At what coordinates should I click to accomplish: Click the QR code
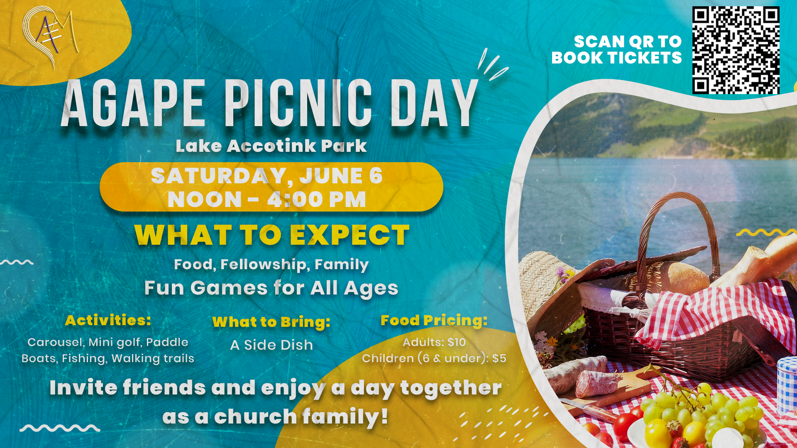click(736, 50)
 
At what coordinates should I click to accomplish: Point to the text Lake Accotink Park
click(271, 146)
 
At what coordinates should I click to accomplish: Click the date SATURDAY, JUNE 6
click(266, 175)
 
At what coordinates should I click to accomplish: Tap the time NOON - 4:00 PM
click(266, 200)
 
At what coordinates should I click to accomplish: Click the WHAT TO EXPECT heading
click(272, 235)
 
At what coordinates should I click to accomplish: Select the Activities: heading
click(108, 320)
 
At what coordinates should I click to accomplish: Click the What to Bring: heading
click(271, 322)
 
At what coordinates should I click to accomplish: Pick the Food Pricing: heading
click(434, 320)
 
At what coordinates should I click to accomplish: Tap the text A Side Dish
click(271, 345)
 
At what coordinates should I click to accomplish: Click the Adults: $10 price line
click(434, 342)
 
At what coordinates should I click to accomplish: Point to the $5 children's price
click(499, 358)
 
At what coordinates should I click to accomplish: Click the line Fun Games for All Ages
click(271, 288)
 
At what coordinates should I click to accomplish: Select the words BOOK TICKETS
click(616, 58)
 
